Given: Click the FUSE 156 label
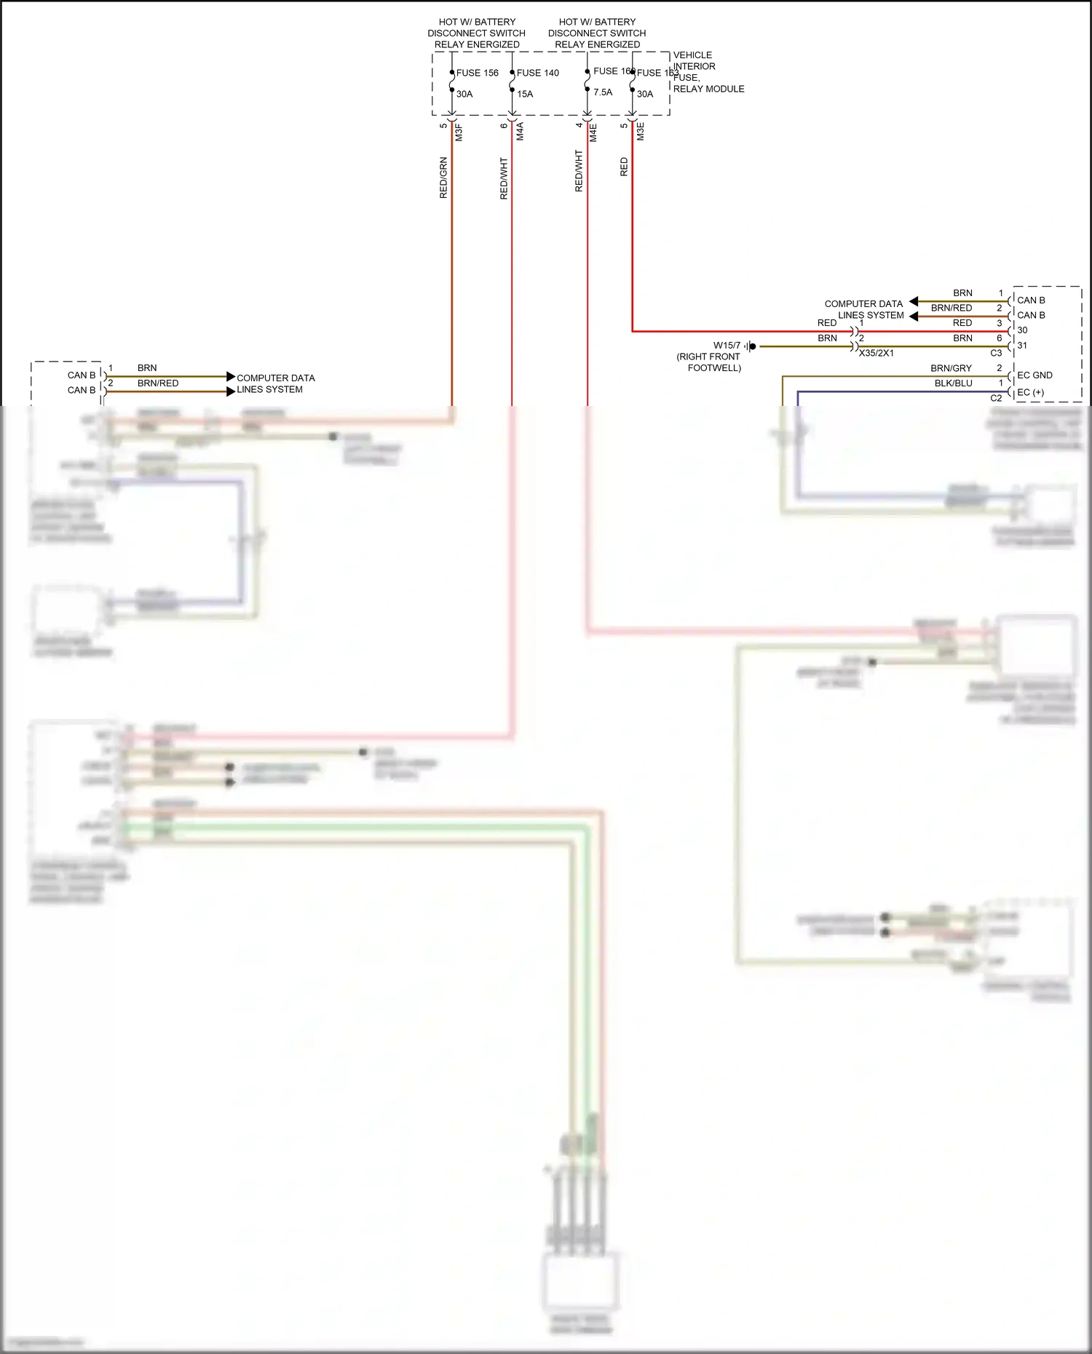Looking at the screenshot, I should (477, 73).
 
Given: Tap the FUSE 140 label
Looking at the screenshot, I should (537, 73).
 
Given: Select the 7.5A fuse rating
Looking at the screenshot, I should (603, 92).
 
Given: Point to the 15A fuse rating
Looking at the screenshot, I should (525, 94).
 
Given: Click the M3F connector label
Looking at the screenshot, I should (459, 132).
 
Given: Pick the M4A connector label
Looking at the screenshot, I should (520, 132).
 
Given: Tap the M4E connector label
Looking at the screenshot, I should (593, 132).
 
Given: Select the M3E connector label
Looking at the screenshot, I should (641, 132).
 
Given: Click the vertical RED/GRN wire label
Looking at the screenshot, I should (443, 178).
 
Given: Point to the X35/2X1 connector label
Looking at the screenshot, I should (876, 353).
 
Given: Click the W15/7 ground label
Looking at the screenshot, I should (727, 346).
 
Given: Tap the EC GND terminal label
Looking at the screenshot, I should (1034, 375).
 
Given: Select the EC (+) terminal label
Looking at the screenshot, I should (1030, 392).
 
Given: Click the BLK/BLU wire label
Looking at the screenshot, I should (953, 383).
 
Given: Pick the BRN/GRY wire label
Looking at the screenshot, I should (951, 368).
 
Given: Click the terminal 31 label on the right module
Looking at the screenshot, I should (1022, 346).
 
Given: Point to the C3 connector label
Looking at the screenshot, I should (996, 353).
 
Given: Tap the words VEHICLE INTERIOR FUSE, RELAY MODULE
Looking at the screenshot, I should (708, 72).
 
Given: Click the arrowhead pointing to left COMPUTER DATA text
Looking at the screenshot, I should (231, 377).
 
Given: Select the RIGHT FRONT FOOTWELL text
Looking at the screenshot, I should (709, 362).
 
